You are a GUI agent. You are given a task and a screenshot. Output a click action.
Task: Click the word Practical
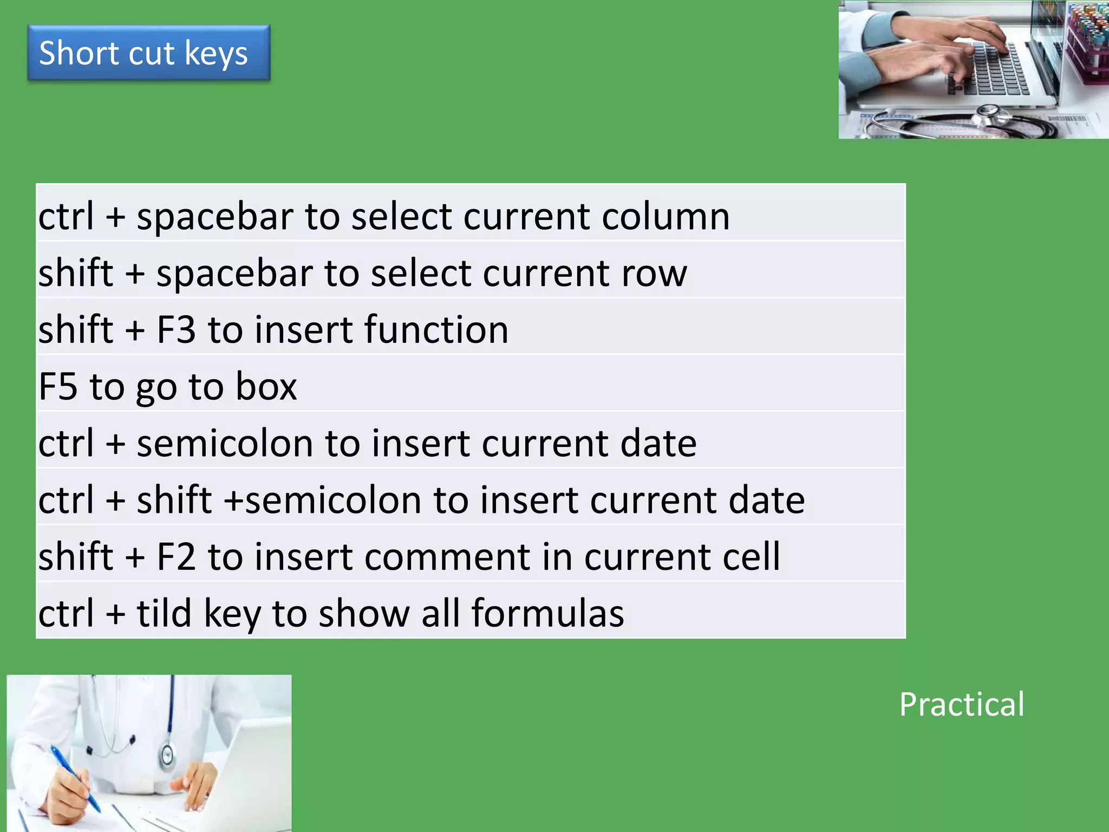click(962, 705)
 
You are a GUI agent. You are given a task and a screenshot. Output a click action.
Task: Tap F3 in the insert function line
click(176, 330)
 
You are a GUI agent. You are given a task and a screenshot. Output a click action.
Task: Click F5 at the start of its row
click(58, 387)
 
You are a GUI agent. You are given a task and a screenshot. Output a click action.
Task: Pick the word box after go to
click(266, 387)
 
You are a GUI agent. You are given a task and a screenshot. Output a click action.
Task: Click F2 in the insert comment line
click(176, 557)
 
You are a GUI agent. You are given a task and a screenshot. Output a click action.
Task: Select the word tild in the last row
click(164, 613)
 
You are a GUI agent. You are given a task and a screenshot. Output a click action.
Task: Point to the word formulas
click(547, 613)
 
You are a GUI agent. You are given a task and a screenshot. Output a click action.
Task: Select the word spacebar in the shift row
click(234, 274)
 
